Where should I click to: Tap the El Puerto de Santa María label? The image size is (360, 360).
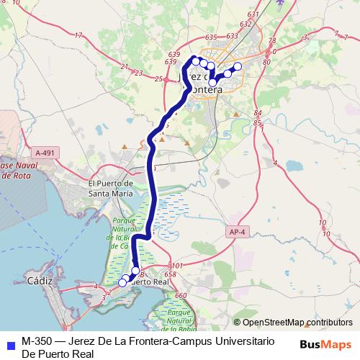(x=110, y=189)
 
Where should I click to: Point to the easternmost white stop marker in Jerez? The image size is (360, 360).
(x=238, y=67)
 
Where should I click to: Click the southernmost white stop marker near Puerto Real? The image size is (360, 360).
(x=122, y=283)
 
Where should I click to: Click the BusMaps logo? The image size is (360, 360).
(x=325, y=344)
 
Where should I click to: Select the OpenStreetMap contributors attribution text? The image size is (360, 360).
(x=292, y=323)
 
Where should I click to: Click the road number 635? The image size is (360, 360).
(x=211, y=37)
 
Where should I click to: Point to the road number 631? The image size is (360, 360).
(x=252, y=14)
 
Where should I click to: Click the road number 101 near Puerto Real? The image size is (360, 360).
(x=178, y=266)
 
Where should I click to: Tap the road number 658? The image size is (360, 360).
(x=170, y=274)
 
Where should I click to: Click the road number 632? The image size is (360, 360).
(x=246, y=24)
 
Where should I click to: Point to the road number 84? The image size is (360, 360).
(x=257, y=114)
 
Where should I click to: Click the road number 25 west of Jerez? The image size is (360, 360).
(x=158, y=79)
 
